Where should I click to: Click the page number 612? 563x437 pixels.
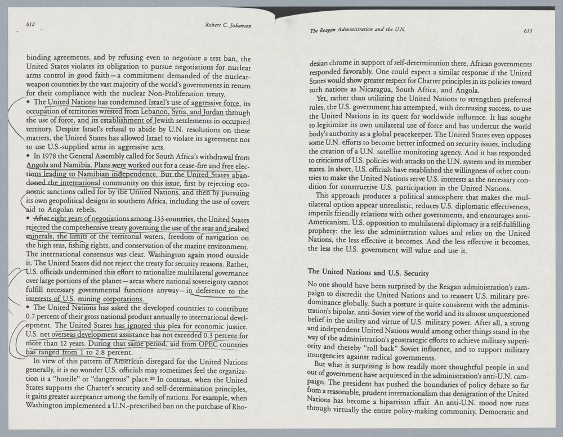coord(32,24)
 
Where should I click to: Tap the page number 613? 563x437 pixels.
coord(528,31)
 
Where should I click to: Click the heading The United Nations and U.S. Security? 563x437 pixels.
coord(369,273)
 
